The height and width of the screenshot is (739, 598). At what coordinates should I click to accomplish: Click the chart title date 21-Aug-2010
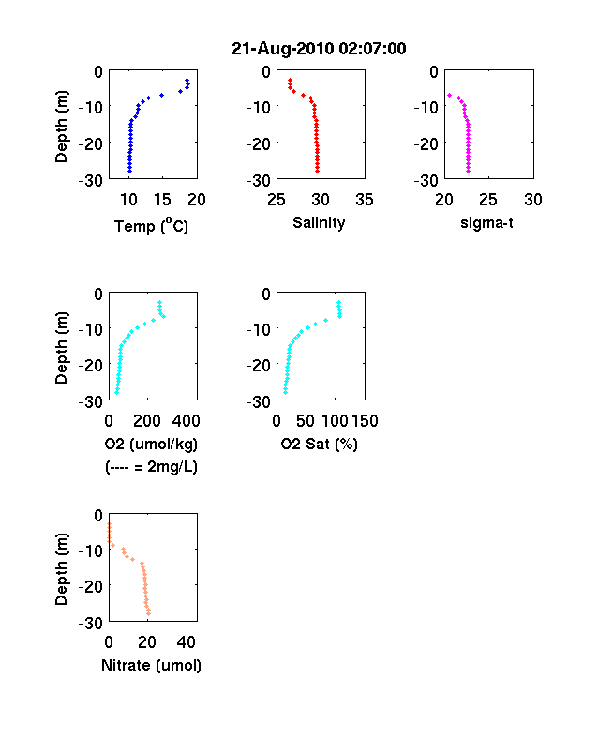282,49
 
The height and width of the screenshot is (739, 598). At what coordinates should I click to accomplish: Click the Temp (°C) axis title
151,226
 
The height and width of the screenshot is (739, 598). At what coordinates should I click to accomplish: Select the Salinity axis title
319,223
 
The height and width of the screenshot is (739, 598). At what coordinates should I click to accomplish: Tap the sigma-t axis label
486,222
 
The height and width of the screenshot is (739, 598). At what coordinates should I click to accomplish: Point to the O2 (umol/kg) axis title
151,444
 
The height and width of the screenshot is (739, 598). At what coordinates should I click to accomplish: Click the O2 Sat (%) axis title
320,444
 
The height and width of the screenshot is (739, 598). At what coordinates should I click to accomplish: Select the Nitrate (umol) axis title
151,665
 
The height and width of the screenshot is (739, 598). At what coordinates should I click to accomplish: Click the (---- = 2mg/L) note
151,467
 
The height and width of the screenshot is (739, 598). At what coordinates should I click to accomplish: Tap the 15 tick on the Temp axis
162,200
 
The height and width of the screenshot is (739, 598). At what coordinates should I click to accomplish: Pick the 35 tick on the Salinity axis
365,200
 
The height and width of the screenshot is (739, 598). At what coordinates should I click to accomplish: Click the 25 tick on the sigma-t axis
487,200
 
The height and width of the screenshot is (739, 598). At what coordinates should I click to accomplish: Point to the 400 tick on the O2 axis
186,421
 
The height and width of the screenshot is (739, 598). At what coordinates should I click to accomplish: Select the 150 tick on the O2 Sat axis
365,421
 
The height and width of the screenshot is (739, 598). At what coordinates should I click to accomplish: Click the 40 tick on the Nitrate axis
186,641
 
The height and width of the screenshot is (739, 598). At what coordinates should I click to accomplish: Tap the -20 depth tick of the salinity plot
259,143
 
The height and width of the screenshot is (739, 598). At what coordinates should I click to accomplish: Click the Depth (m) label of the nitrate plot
62,569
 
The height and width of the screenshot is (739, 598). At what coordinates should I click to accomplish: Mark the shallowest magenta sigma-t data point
449,96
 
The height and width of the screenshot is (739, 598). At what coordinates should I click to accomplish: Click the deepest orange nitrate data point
148,613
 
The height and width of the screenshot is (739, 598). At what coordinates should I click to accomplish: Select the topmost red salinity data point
290,80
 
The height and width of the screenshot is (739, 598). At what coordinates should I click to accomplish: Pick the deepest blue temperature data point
130,171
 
